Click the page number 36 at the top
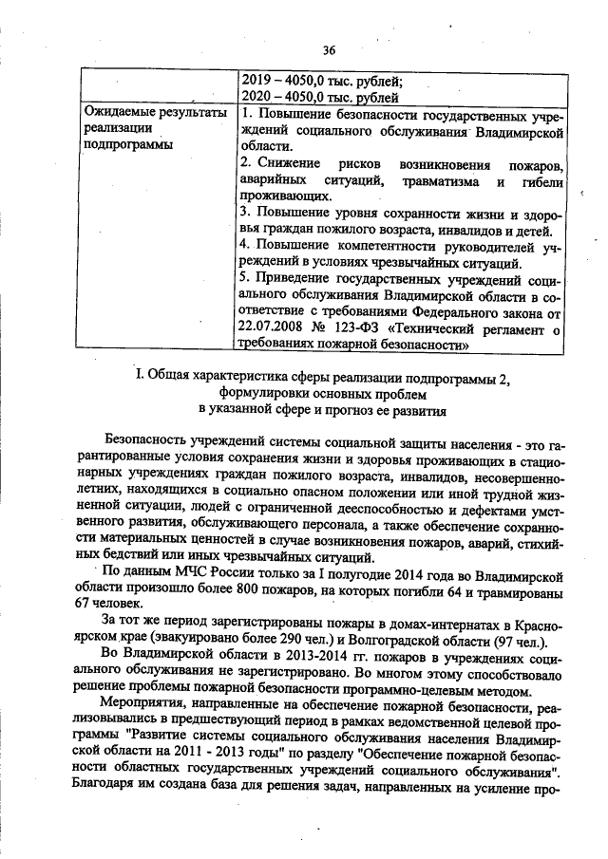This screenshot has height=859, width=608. tap(330, 50)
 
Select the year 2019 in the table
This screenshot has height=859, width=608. tap(257, 80)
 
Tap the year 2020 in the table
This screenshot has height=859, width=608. tap(257, 96)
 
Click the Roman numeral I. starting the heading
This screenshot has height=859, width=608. tap(141, 378)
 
